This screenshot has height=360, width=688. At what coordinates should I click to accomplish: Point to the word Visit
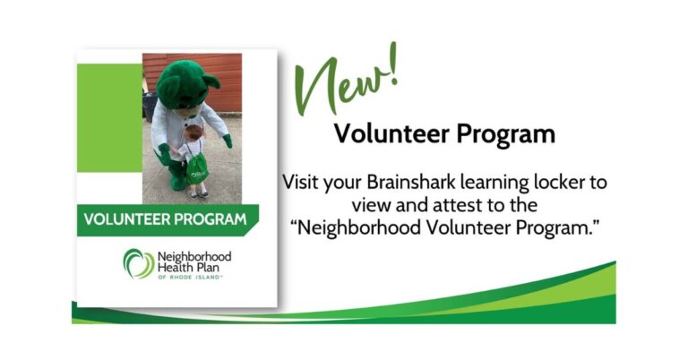[301, 182]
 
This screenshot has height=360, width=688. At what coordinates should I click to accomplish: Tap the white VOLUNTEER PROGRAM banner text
[165, 219]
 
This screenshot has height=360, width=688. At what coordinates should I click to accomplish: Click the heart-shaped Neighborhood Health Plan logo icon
[139, 263]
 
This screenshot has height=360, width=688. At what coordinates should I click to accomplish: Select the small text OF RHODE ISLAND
[190, 277]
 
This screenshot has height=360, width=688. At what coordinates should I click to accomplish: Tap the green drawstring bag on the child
[197, 169]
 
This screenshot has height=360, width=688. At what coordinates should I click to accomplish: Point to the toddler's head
[193, 132]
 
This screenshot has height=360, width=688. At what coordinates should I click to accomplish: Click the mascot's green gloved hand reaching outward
[228, 141]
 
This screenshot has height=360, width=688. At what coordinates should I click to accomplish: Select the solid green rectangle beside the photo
[109, 117]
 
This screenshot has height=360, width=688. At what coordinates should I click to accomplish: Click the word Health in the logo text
[172, 267]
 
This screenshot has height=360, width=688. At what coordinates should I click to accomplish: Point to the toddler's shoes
[198, 193]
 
